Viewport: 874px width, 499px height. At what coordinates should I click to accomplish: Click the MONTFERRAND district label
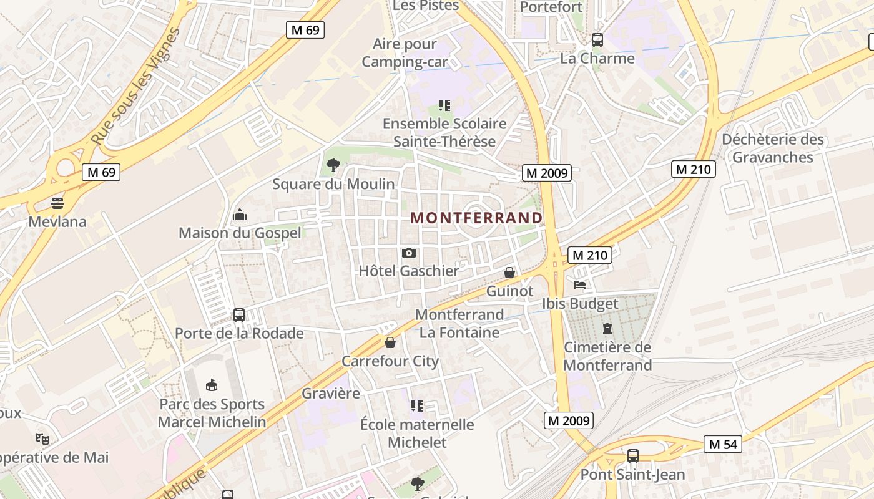(476, 218)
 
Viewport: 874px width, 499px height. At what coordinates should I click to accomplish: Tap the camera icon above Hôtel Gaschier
(409, 253)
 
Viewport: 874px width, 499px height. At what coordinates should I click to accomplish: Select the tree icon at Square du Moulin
(333, 165)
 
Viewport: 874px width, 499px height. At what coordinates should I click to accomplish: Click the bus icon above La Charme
(597, 40)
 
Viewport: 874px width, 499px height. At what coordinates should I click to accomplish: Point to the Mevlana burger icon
(57, 203)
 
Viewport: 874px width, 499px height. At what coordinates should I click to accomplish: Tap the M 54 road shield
(723, 444)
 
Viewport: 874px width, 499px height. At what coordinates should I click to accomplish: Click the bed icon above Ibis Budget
(580, 285)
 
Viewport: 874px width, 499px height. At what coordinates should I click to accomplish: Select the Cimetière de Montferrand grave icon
(607, 329)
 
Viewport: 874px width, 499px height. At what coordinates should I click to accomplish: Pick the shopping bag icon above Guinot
(509, 273)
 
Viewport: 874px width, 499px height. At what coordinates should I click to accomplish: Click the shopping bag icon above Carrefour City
(390, 342)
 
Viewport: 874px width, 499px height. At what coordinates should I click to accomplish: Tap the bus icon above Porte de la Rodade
(239, 315)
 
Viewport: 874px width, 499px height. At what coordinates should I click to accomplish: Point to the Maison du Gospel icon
(240, 215)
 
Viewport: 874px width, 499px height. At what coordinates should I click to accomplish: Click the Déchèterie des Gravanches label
(773, 148)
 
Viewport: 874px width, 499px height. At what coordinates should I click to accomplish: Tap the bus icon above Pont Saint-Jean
(633, 456)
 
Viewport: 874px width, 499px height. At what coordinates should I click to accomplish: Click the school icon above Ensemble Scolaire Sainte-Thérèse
(444, 105)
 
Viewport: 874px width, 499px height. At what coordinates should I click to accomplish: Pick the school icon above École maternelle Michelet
(417, 406)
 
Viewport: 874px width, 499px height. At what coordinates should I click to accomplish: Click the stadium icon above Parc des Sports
(212, 385)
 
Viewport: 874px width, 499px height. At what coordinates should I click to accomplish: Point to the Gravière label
(331, 394)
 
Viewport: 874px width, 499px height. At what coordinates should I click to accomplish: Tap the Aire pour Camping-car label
(405, 53)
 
